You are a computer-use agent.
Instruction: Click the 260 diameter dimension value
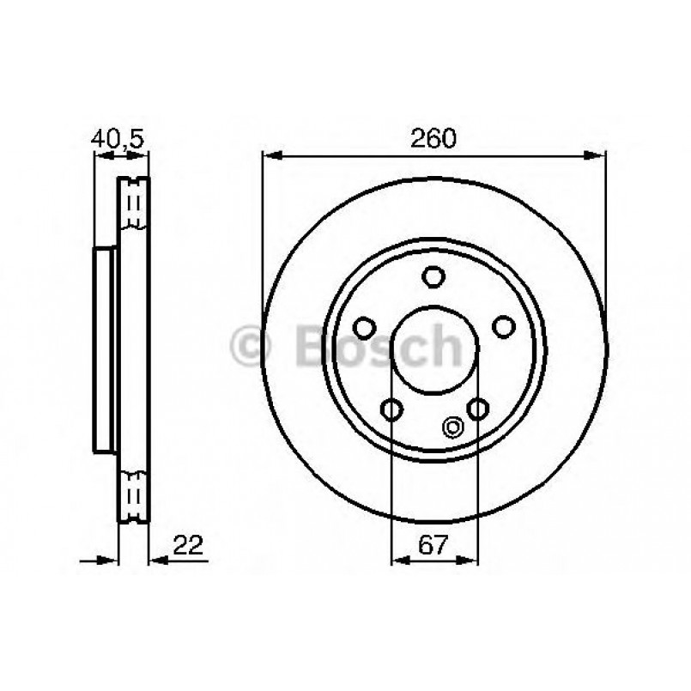[433, 137]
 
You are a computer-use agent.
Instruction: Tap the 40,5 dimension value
[120, 137]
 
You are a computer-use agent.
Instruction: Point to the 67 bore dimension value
[433, 543]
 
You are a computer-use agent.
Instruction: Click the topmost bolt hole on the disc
[433, 277]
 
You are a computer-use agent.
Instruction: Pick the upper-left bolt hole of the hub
[365, 327]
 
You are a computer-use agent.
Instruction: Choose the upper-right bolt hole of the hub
[502, 327]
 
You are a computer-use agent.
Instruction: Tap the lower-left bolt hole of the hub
[391, 409]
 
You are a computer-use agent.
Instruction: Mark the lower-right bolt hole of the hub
[476, 409]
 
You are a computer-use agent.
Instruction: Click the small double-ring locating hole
[452, 425]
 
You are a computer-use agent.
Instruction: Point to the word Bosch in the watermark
[378, 346]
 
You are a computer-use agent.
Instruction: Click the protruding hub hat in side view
[104, 350]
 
